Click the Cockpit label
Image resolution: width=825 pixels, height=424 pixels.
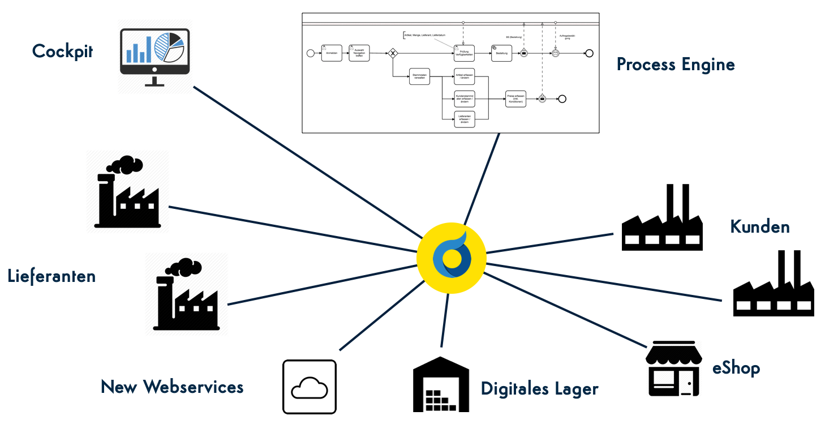[x=62, y=52]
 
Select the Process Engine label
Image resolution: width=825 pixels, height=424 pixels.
[x=676, y=65]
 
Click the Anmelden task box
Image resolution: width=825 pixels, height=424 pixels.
[x=332, y=53]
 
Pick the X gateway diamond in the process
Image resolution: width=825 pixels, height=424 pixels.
[x=392, y=54]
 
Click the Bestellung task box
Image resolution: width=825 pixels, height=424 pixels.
[x=501, y=53]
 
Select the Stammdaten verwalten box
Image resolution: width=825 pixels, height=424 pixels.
[x=419, y=77]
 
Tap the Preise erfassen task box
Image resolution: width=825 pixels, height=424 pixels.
[x=515, y=98]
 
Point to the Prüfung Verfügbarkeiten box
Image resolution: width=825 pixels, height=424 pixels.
[x=464, y=53]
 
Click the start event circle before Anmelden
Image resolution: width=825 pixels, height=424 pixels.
[x=310, y=53]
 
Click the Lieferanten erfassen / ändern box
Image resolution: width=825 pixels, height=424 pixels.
[x=464, y=119]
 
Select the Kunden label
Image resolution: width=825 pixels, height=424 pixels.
[x=759, y=227]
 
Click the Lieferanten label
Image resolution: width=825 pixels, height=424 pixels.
[x=51, y=277]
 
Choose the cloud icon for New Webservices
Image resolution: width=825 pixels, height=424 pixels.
[x=310, y=387]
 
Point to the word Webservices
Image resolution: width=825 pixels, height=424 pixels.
[x=193, y=387]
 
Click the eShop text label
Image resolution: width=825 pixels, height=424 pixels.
[x=736, y=369]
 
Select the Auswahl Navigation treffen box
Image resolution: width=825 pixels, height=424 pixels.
[x=359, y=53]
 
